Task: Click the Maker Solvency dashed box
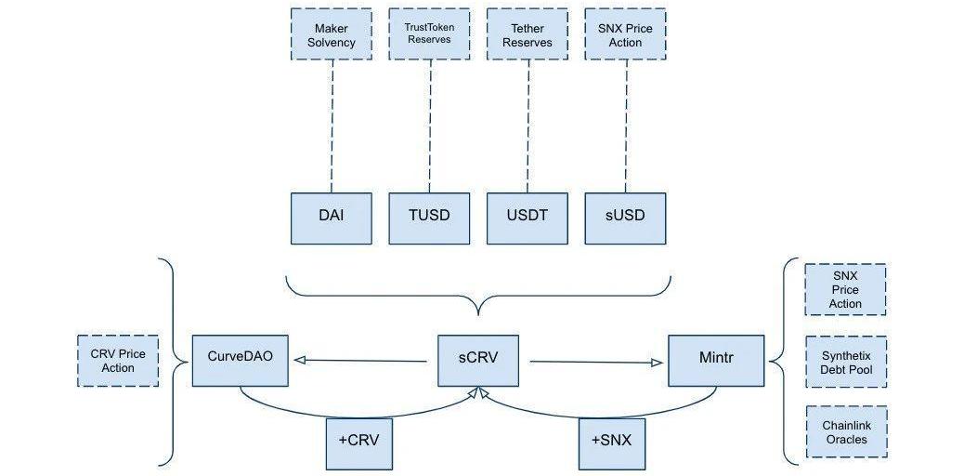[x=332, y=35]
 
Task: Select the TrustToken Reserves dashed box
[x=429, y=35]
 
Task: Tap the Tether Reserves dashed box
[x=527, y=35]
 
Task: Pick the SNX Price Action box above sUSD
[x=626, y=35]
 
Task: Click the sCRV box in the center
[x=478, y=360]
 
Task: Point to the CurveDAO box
[x=241, y=360]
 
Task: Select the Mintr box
[x=716, y=360]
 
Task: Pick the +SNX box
[x=610, y=442]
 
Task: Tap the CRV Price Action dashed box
[x=118, y=361]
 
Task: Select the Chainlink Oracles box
[x=846, y=431]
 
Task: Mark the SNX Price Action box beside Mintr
[x=846, y=289]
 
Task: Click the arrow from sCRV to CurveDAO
[x=362, y=361]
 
